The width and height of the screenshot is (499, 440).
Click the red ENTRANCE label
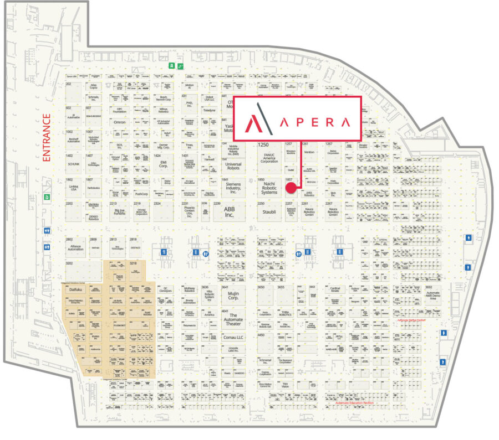[x=47, y=138]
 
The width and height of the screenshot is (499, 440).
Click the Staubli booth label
[x=269, y=211]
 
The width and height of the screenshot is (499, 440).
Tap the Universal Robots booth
[x=233, y=164]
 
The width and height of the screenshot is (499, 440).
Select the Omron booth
[x=119, y=122]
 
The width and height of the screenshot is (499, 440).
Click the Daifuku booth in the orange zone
[x=76, y=289]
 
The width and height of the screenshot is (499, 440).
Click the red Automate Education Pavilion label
[x=355, y=403]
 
